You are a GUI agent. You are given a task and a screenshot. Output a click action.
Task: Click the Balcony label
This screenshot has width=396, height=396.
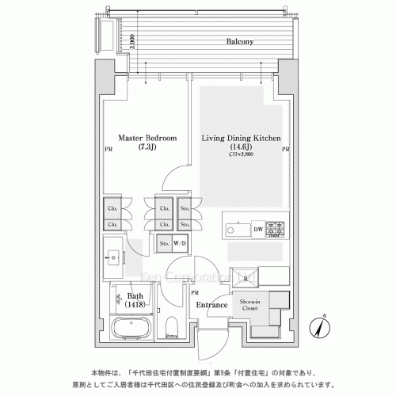point(240,42)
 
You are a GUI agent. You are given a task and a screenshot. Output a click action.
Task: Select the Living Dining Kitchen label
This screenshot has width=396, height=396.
point(242,138)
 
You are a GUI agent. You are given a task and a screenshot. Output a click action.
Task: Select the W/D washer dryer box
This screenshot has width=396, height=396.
point(180,243)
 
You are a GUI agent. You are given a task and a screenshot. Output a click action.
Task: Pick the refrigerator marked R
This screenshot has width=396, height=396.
point(246,278)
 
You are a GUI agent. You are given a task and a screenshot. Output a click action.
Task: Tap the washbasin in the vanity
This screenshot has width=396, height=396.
point(112,256)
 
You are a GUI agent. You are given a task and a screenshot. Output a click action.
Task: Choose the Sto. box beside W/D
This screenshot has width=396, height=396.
point(162,243)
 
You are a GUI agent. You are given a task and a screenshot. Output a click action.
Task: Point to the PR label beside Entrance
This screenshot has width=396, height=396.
point(194,292)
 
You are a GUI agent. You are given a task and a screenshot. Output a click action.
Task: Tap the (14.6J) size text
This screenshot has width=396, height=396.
point(241,147)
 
